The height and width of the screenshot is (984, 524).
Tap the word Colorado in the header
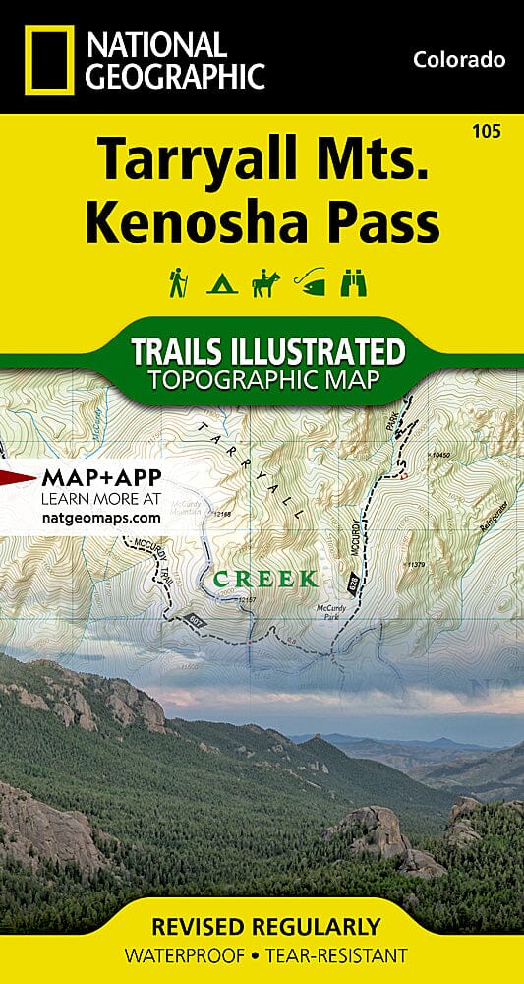point(459,60)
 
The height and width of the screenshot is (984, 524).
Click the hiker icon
point(177,282)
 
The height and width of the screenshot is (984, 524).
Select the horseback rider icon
point(264,283)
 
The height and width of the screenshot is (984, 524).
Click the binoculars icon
point(353,283)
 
